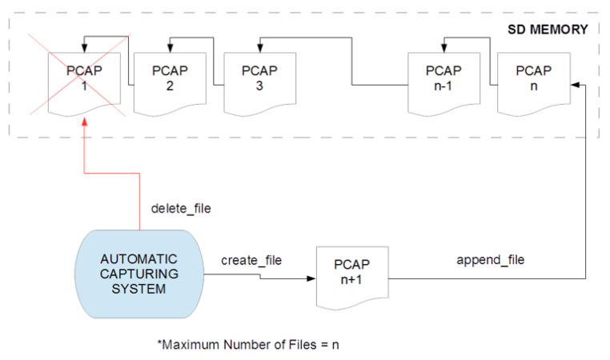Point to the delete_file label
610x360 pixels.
[x=182, y=209]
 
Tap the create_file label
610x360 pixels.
[x=251, y=260]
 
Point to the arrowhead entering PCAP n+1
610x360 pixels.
[x=310, y=280]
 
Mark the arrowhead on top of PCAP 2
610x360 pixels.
[x=169, y=47]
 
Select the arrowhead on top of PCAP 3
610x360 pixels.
[x=259, y=47]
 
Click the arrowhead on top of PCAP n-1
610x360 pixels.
[x=443, y=47]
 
